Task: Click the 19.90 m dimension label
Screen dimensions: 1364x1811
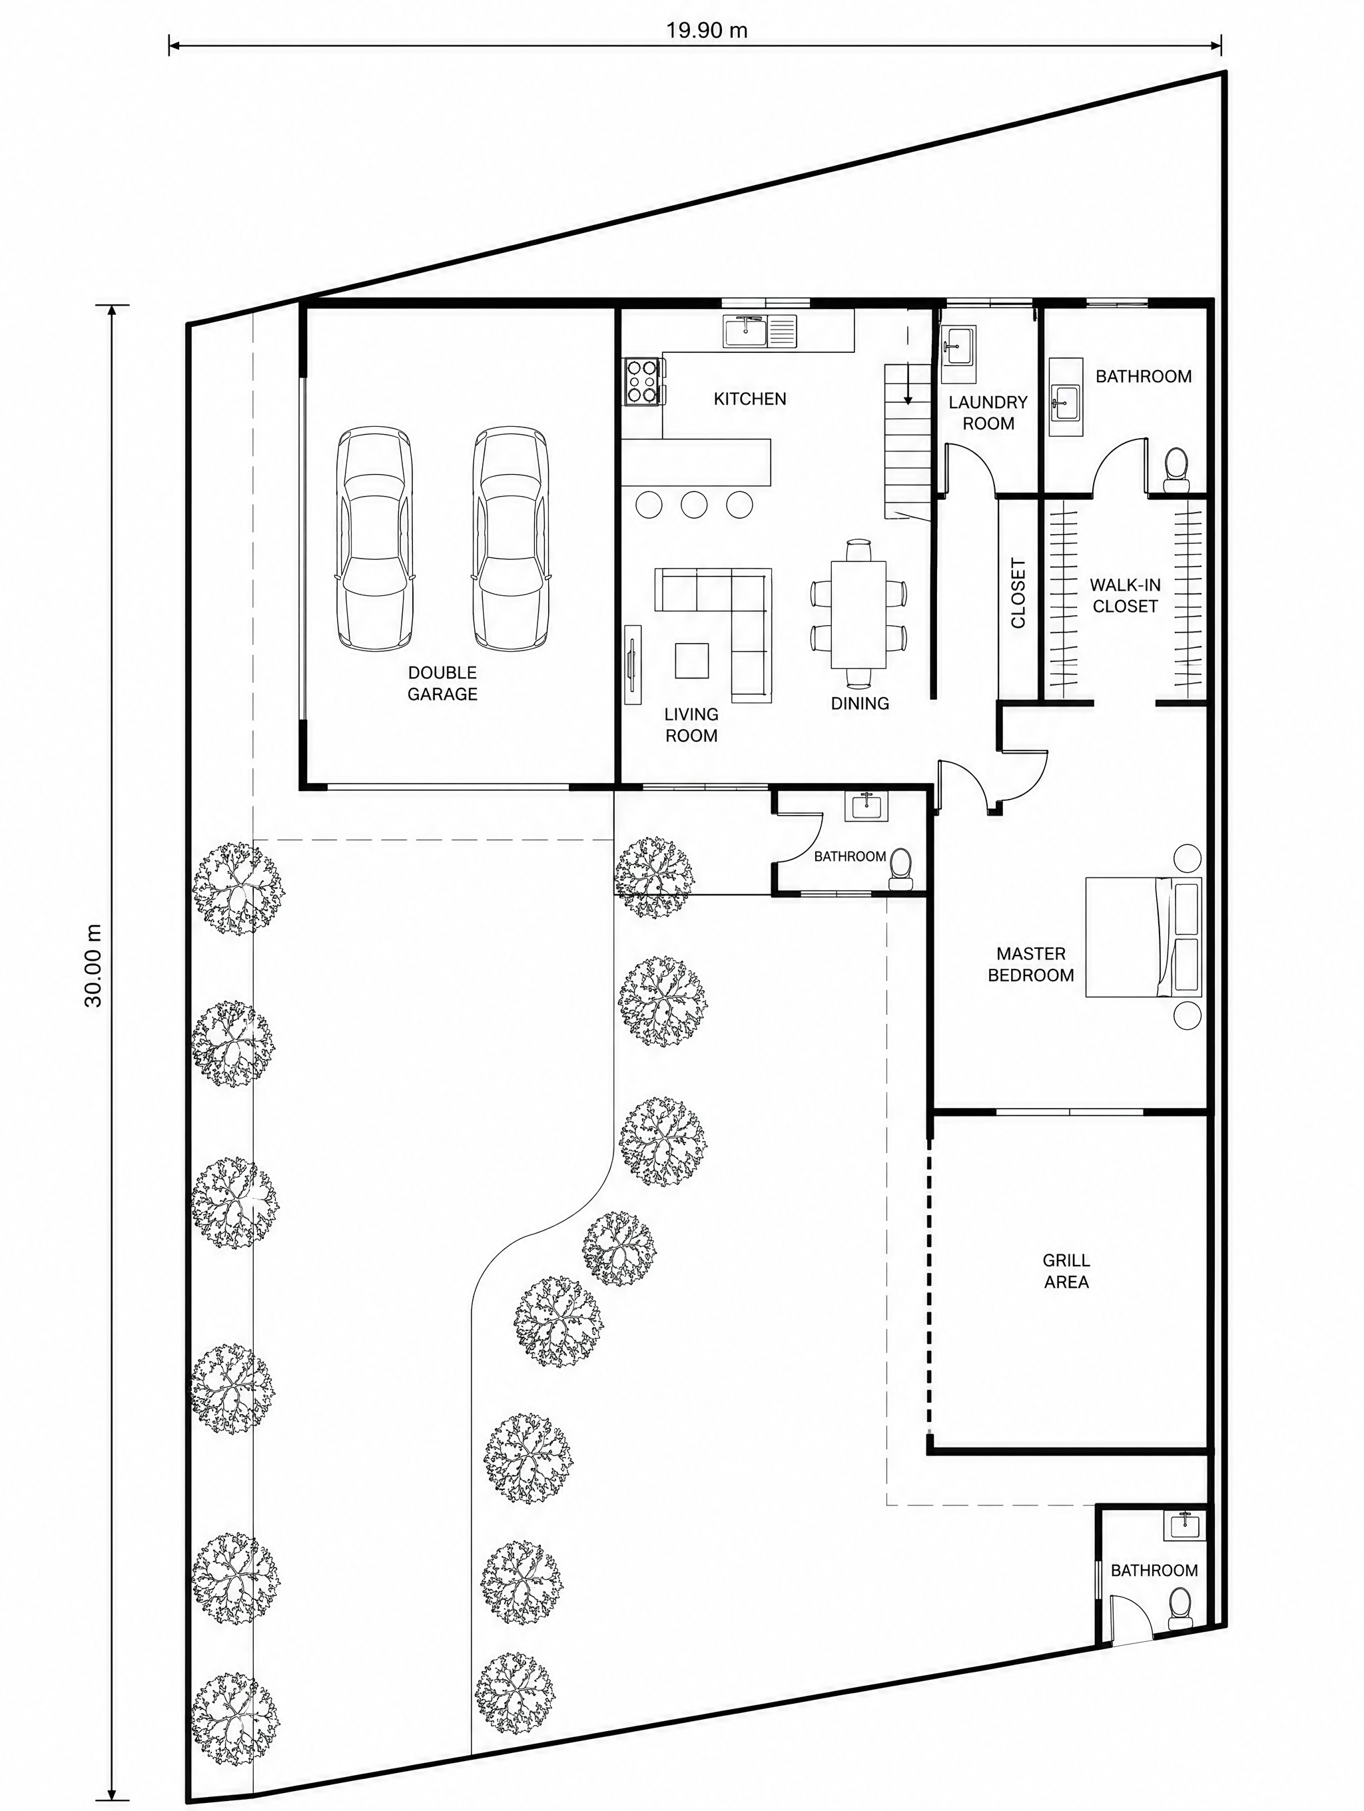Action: [706, 31]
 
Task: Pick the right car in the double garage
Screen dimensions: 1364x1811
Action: [510, 539]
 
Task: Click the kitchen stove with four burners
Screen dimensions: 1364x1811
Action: [643, 382]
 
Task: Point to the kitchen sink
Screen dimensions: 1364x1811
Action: [760, 331]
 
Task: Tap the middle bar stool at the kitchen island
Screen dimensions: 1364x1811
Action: [694, 504]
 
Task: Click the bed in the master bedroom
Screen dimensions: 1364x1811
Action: [1143, 937]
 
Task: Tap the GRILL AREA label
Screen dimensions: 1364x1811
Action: [1066, 1272]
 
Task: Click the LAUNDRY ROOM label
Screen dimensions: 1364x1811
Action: [988, 413]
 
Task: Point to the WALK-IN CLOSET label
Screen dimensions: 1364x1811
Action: [1125, 596]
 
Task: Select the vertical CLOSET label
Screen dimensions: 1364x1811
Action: [1018, 594]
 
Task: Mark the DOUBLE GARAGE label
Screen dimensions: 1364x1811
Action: [442, 683]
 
